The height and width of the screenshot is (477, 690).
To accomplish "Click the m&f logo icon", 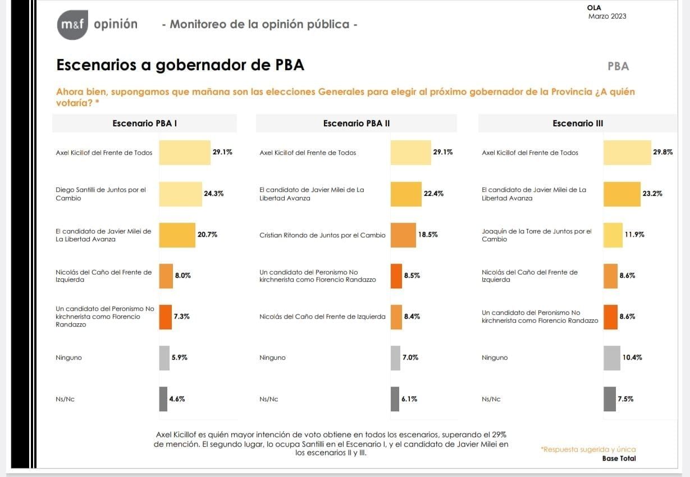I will pos(72,25).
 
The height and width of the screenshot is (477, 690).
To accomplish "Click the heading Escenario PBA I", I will pos(145,123).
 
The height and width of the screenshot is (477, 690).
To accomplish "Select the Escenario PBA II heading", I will pos(357,123).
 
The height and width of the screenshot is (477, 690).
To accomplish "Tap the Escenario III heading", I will pos(578,123).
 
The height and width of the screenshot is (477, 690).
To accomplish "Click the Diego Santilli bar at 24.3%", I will pos(180,194).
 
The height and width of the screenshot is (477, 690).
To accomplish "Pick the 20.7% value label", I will pos(207,235).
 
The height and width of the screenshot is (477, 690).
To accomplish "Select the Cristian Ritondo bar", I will pos(403,235).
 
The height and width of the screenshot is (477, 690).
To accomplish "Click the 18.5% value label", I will pos(428,235).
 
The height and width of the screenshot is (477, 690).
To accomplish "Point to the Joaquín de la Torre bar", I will pos(613,235).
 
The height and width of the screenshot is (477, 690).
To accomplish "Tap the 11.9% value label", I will pos(634,235).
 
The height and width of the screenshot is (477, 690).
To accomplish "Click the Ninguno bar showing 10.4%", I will pos(612,357).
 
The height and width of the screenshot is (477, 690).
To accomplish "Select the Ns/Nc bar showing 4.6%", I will pos(163,399).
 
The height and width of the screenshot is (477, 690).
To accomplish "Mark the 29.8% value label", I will pos(663,153).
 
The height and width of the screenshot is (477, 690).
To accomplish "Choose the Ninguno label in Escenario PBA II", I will pos(272,358).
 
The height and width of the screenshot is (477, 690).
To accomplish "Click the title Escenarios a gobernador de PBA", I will pos(180,65).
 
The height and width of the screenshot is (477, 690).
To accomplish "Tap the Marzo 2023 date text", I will pos(607,16).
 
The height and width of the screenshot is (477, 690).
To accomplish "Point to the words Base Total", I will pos(619,458).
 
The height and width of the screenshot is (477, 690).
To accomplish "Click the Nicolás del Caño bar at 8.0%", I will pos(166,276).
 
